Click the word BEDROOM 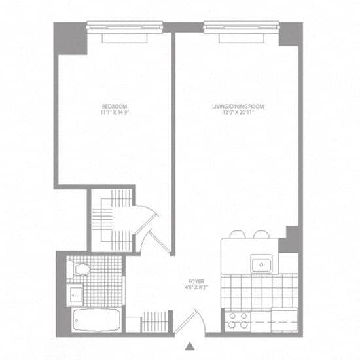coord(114,106)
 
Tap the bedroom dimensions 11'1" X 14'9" coord(114,112)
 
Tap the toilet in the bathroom coord(79,269)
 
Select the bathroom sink coord(75,294)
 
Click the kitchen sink coord(262,264)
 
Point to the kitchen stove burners coord(237,320)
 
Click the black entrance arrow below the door coord(190,345)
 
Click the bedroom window coord(124,27)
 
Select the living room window coord(241,27)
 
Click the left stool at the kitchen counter coord(238,234)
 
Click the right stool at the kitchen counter coord(261,234)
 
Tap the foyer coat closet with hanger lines coord(154,321)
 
